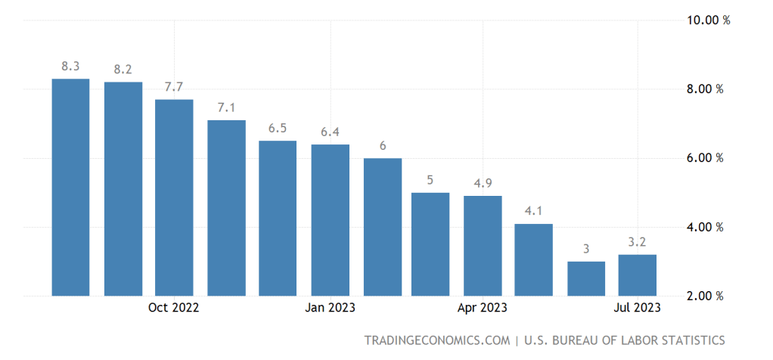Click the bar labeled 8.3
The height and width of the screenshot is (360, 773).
click(70, 187)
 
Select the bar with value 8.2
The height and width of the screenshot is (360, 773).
click(123, 188)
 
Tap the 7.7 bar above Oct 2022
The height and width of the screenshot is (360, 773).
click(174, 197)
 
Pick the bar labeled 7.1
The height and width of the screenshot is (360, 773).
click(226, 207)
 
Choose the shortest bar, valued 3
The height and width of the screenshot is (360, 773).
click(586, 278)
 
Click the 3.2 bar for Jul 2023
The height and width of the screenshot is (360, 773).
click(638, 275)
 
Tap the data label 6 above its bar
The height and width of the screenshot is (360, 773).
click(383, 145)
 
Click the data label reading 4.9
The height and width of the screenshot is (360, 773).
click(483, 183)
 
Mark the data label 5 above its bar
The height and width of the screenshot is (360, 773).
click(430, 180)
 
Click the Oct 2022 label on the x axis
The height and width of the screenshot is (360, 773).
click(174, 308)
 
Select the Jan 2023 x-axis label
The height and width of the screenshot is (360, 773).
click(330, 308)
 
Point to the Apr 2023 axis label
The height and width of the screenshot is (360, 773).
click(483, 308)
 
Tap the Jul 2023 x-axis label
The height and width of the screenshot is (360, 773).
click(638, 308)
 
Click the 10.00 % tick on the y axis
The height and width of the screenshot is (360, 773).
click(707, 20)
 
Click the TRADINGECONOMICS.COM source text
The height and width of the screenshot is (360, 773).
click(436, 340)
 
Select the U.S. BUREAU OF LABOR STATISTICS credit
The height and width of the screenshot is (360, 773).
click(624, 340)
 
